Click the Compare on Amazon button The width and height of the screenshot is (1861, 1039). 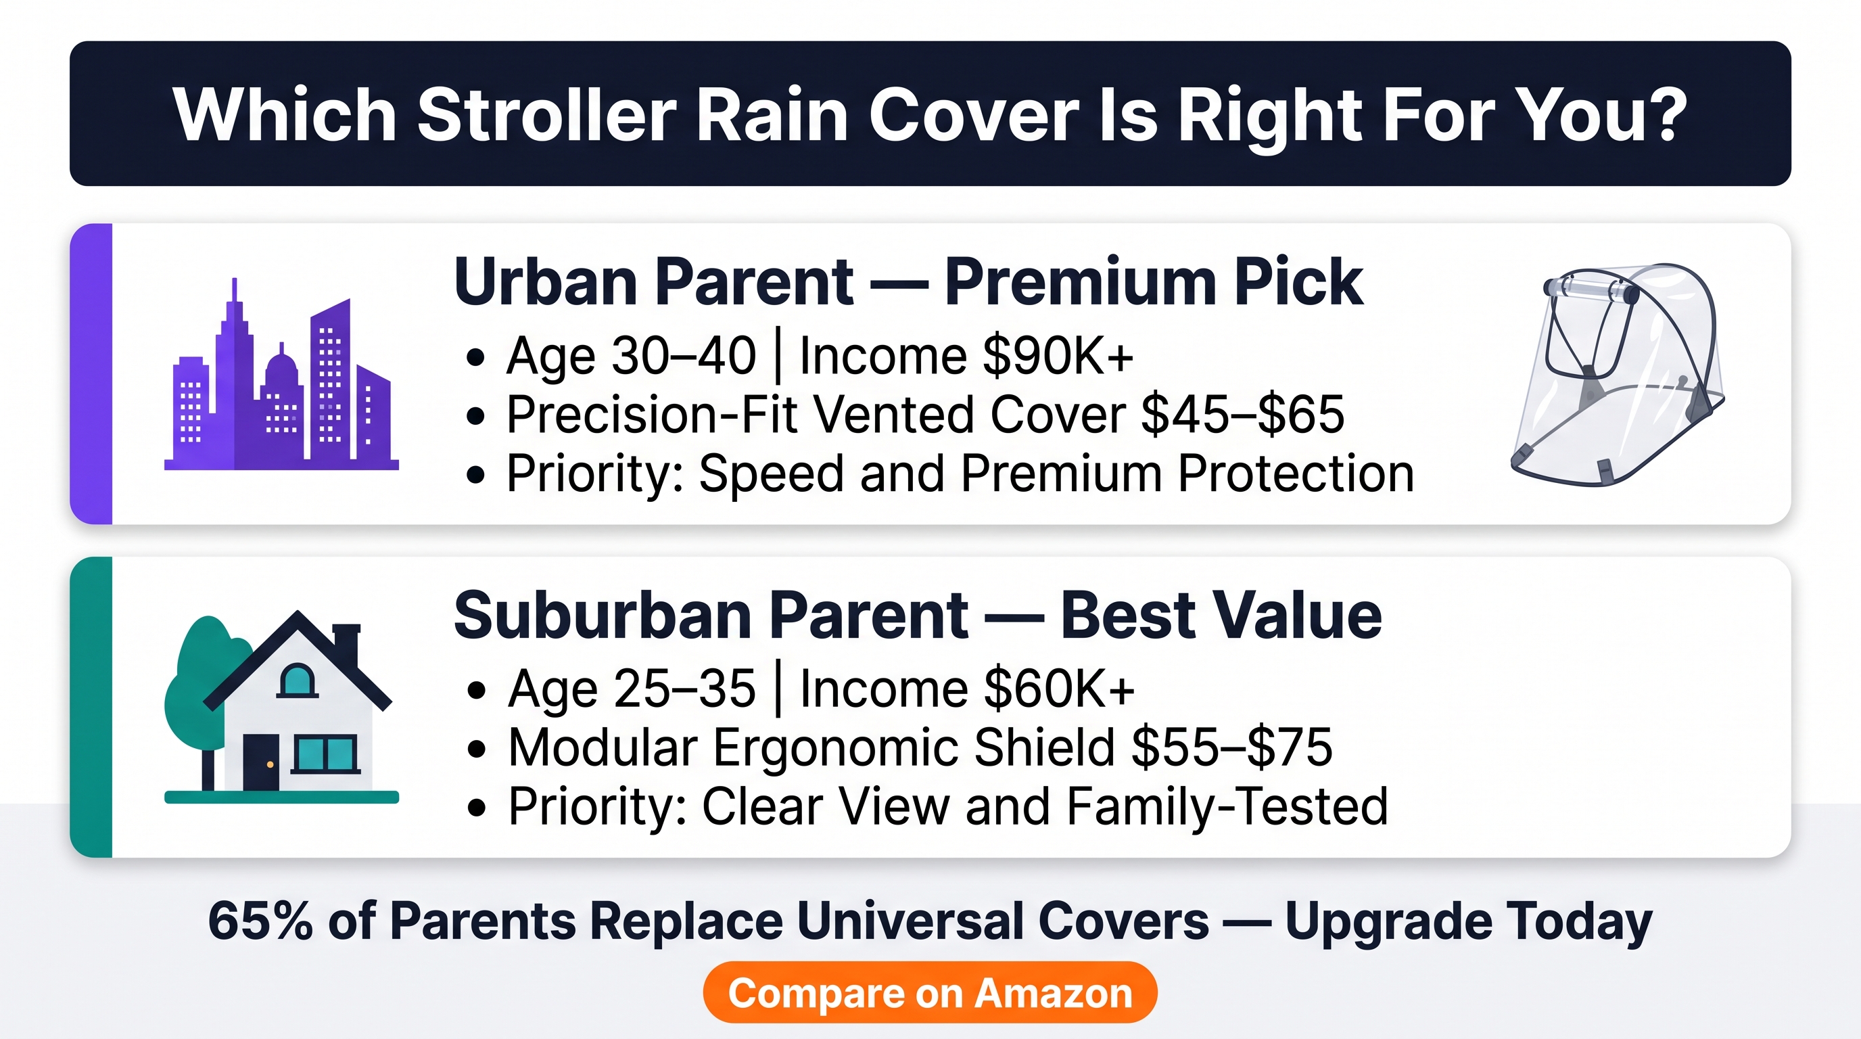[x=930, y=992]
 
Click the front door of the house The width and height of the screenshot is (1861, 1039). [x=261, y=762]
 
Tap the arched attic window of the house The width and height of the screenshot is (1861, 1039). [x=298, y=680]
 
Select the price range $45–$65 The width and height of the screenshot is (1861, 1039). [x=1243, y=415]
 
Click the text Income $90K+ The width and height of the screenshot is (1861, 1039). [x=966, y=356]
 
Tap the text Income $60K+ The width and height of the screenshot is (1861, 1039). [x=967, y=688]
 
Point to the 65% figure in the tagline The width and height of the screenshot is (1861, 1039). [x=260, y=921]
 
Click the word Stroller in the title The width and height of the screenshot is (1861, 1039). [x=547, y=115]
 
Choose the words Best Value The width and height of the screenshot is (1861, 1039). [x=1221, y=615]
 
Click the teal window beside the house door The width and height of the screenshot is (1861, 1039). [x=327, y=754]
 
